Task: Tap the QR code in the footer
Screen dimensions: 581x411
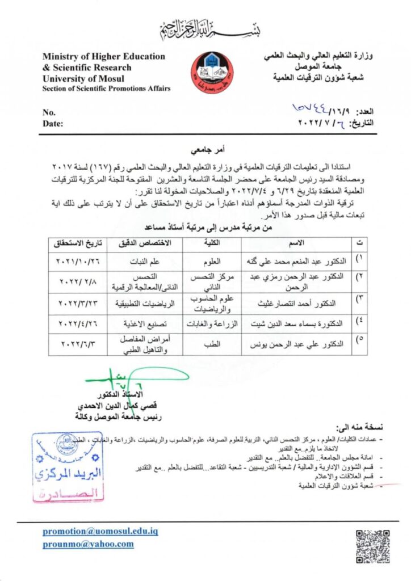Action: click(x=372, y=546)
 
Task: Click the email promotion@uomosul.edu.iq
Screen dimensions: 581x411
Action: click(x=100, y=532)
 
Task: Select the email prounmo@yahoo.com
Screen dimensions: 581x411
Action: click(x=89, y=544)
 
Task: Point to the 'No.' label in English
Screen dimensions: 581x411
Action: click(x=49, y=112)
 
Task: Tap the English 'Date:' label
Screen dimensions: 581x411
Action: click(x=53, y=123)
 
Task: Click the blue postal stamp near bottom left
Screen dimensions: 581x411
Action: click(x=68, y=466)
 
